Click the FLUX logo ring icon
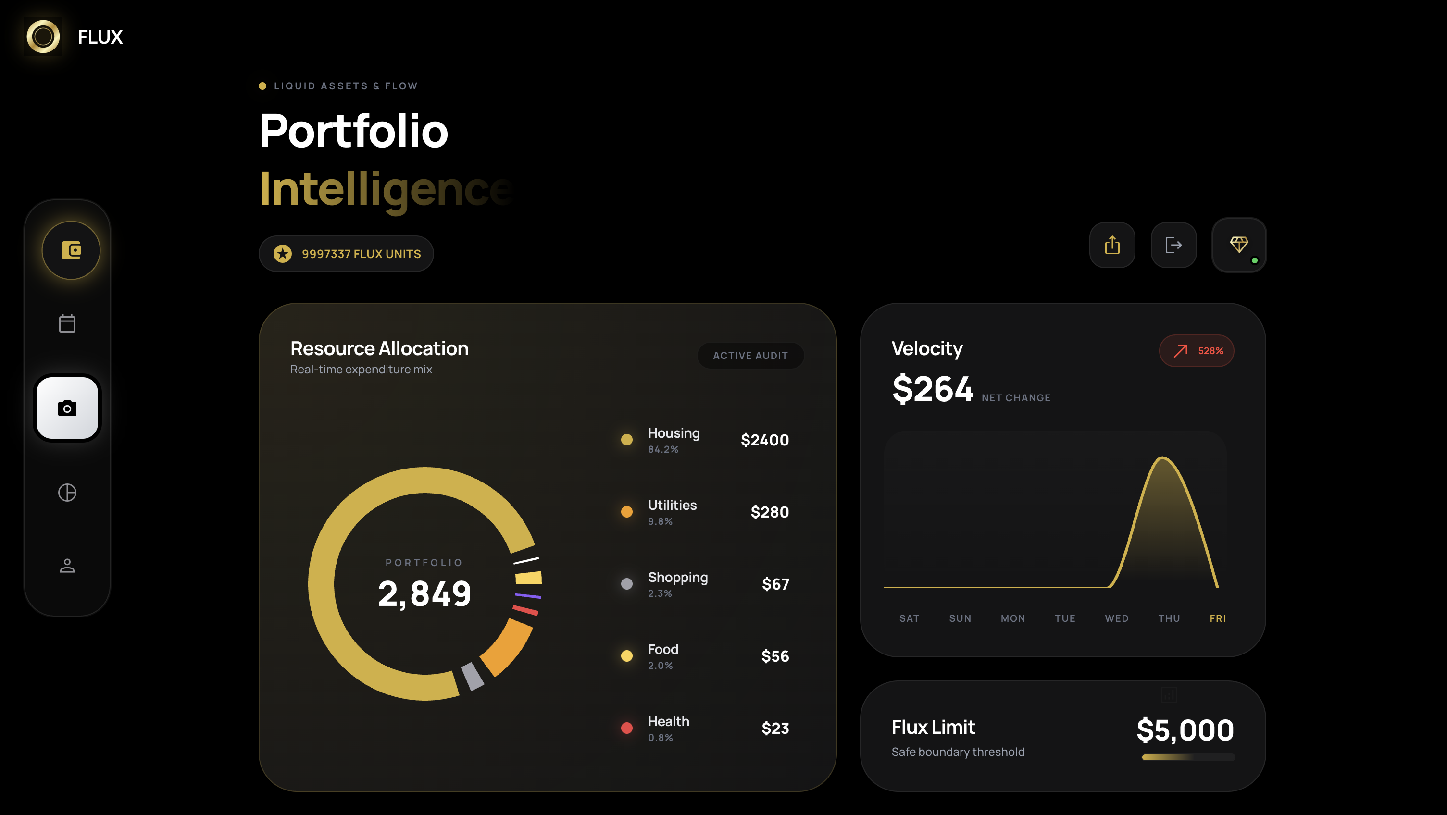click(x=43, y=37)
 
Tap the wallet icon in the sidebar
click(x=71, y=250)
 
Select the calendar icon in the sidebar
click(x=67, y=323)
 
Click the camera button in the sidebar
click(x=67, y=408)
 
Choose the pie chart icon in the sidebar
click(x=67, y=493)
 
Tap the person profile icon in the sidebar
click(x=67, y=566)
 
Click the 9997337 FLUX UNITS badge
click(x=346, y=254)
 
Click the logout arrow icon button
click(x=1173, y=245)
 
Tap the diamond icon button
click(x=1238, y=245)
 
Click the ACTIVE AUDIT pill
click(x=750, y=356)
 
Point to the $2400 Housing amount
click(x=764, y=440)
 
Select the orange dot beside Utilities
click(x=627, y=512)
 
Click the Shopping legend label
click(x=677, y=578)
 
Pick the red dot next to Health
click(x=627, y=728)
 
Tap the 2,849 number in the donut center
click(x=424, y=593)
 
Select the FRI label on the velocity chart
click(x=1217, y=618)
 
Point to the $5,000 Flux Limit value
click(x=1185, y=730)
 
